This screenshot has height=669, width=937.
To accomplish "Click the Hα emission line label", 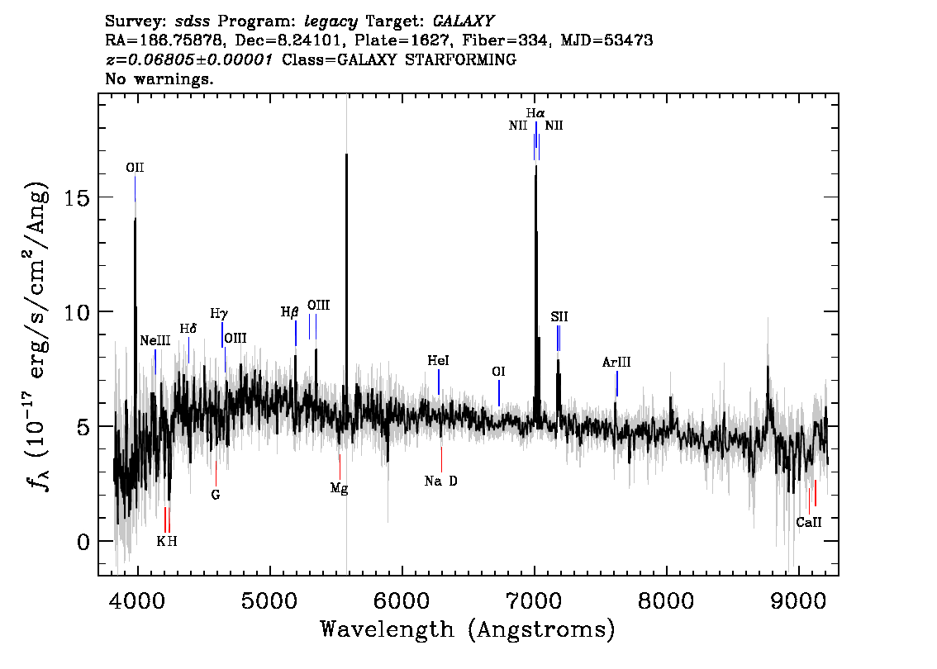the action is tap(535, 113).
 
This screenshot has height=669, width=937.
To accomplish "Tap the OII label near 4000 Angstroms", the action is tap(135, 168).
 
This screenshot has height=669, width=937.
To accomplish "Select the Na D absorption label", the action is tap(441, 481).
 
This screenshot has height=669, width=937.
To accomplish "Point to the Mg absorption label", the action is tap(339, 489).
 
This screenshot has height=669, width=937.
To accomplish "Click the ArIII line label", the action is tap(616, 362).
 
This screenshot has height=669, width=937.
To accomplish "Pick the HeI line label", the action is tap(438, 360).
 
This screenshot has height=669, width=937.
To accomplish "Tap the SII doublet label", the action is tap(559, 316).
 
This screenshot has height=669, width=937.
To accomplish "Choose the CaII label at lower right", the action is tap(809, 522).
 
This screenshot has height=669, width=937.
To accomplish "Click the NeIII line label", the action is tap(155, 340).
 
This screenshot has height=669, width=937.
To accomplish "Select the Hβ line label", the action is tap(289, 312).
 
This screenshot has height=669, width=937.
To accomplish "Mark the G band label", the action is tap(216, 495).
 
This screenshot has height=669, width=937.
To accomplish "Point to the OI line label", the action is tap(498, 372).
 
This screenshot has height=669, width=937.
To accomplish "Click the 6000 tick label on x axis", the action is tap(402, 600).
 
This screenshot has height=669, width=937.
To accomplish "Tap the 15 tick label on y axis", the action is tap(77, 197).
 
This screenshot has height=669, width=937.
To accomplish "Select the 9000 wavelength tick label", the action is tap(799, 600).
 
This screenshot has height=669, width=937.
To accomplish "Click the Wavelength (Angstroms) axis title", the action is tap(468, 629).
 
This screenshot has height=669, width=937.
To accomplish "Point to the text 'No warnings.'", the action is tap(159, 78).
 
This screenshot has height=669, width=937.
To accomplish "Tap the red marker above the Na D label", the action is tap(441, 459).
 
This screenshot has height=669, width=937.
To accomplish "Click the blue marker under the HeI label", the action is tap(439, 382).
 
